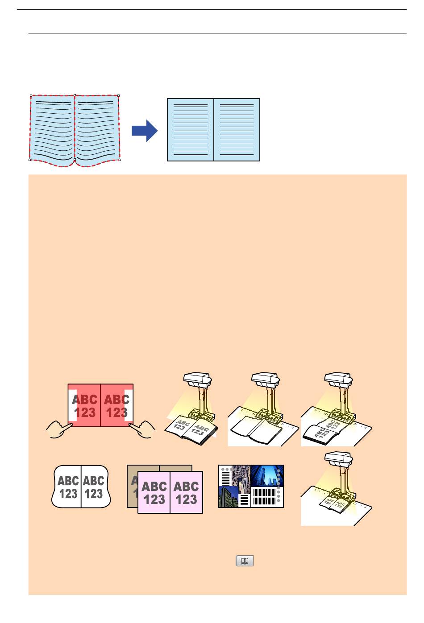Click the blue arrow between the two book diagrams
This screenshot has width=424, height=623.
click(x=145, y=130)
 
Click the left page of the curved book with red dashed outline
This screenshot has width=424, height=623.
click(x=53, y=129)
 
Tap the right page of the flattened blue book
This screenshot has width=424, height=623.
click(x=237, y=129)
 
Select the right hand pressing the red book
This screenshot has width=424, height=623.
click(x=142, y=431)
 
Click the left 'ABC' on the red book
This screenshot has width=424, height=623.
click(x=84, y=400)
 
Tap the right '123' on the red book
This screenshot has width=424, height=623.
click(x=116, y=413)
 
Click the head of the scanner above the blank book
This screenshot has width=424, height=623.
click(x=266, y=380)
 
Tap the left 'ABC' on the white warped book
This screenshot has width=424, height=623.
click(x=68, y=481)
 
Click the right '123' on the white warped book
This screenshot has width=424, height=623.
click(x=94, y=494)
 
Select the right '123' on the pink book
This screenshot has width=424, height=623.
click(x=187, y=499)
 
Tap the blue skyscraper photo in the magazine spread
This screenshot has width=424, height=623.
click(x=266, y=476)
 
